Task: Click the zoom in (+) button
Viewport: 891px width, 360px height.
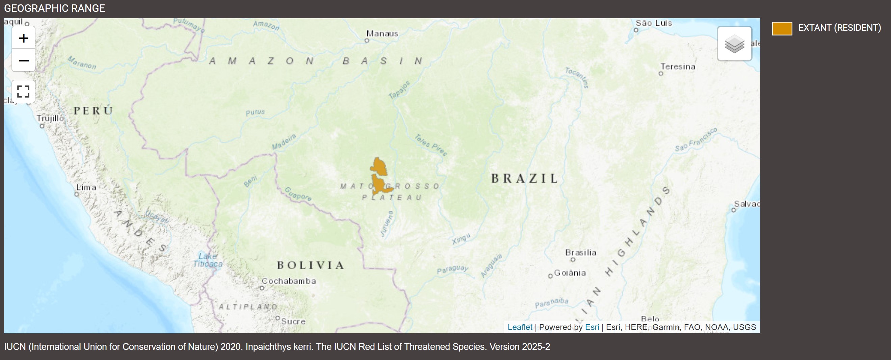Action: pos(24,38)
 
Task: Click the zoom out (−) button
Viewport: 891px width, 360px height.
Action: pos(24,60)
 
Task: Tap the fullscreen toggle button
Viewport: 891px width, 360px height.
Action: pos(24,91)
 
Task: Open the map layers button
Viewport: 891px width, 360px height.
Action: pos(734,44)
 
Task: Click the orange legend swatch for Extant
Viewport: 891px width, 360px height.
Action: pos(782,28)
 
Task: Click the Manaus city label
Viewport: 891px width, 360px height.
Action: pos(382,34)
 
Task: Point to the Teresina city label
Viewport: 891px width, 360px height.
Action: pos(678,67)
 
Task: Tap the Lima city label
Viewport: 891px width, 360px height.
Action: pos(86,187)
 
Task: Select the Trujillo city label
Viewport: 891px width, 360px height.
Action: pos(51,118)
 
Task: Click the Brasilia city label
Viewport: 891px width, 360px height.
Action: pos(580,253)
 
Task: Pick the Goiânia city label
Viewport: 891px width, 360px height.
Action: pos(570,273)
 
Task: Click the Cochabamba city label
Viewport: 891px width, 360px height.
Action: pos(289,281)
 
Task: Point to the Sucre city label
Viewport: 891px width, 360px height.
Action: pos(293,321)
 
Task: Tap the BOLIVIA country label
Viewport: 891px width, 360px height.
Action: pos(311,265)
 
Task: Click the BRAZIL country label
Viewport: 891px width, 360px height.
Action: pos(524,178)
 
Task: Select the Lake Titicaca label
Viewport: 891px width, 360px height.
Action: pos(208,260)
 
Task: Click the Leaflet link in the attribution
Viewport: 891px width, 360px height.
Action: pos(520,327)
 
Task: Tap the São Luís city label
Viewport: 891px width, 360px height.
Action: pos(653,23)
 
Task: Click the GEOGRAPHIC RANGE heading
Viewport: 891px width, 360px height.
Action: pos(54,8)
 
